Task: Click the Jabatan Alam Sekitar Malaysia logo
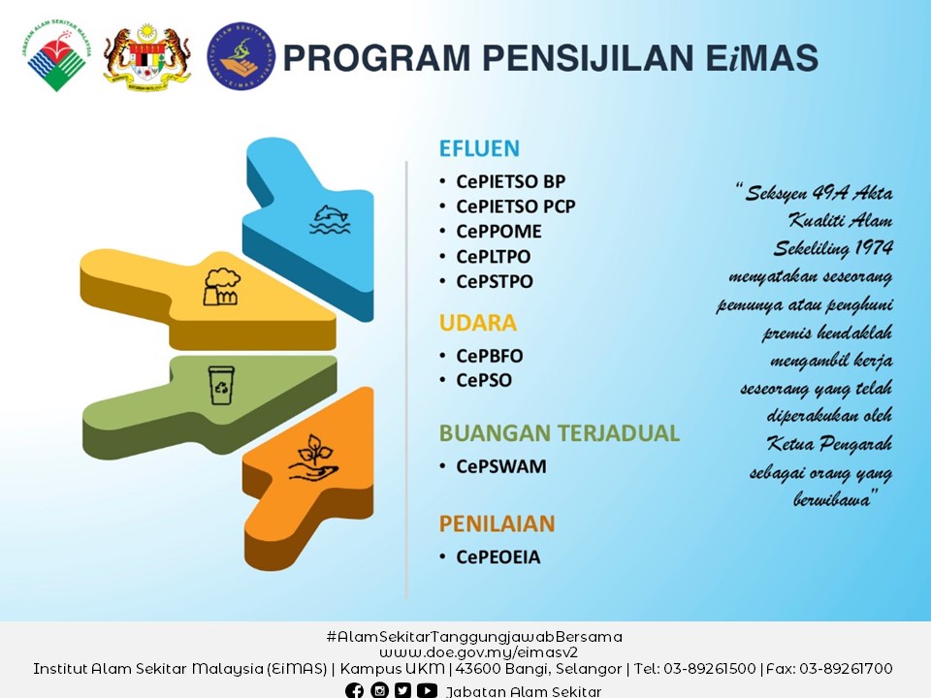[57, 55]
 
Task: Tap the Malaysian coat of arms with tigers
[146, 56]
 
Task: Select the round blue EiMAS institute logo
[241, 56]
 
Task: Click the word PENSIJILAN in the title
[588, 57]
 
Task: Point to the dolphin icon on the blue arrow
[330, 219]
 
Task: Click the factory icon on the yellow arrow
[221, 287]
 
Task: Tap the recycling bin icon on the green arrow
[221, 385]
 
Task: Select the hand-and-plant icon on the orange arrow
[313, 458]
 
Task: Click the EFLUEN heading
[479, 148]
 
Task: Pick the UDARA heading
[478, 323]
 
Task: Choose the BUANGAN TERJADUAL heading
[560, 433]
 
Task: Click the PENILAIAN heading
[497, 524]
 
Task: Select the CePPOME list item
[498, 232]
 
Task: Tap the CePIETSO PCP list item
[516, 206]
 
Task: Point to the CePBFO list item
[490, 356]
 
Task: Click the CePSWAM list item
[501, 466]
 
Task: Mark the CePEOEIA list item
[498, 557]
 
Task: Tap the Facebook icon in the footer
[355, 690]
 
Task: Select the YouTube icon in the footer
[427, 690]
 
